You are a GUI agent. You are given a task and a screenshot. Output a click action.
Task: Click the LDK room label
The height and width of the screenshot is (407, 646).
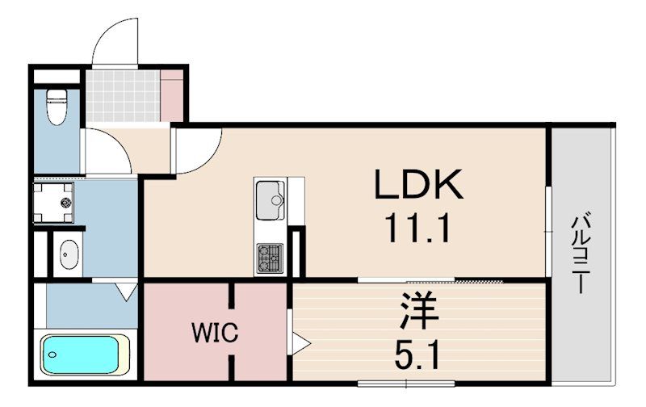417,186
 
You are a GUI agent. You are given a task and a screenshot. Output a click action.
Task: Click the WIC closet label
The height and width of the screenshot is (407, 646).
214,333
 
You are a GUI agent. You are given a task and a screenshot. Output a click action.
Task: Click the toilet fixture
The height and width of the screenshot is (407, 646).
56,107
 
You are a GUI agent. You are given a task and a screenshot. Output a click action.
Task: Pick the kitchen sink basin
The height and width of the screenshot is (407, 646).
268,198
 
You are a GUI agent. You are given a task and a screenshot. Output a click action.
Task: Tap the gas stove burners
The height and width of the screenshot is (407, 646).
268,258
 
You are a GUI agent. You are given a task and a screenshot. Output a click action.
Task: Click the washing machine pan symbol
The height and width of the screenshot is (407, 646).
53,202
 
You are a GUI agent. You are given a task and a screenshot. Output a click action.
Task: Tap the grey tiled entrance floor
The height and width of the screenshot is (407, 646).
123,96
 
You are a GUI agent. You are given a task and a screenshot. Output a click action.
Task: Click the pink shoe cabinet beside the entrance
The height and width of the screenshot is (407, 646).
172,95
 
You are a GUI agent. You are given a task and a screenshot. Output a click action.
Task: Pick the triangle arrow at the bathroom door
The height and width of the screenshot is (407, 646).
126,292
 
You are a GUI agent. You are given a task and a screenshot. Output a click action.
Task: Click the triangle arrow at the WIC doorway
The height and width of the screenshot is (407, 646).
300,344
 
